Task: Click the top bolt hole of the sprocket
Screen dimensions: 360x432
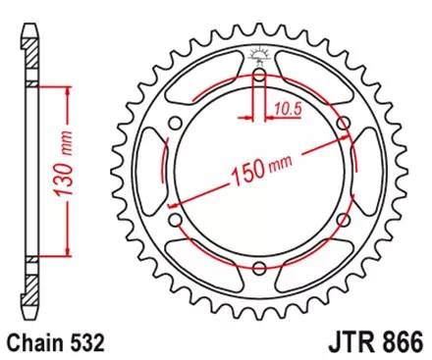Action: (x=258, y=75)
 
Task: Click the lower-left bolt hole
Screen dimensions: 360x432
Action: (x=174, y=221)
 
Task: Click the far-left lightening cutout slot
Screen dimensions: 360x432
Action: (x=147, y=172)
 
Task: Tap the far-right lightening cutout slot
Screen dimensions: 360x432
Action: (x=370, y=172)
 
